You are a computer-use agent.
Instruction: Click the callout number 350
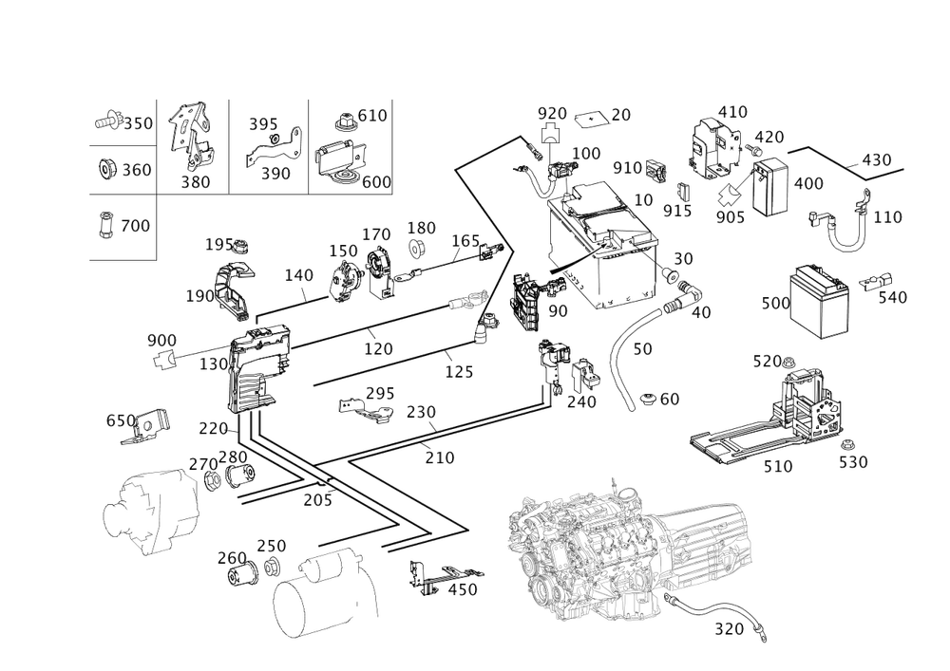(138, 123)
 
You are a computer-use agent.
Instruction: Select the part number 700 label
(135, 226)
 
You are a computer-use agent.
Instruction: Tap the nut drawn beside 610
(345, 122)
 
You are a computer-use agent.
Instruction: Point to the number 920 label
(552, 113)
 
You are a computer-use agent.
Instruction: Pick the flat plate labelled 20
(590, 119)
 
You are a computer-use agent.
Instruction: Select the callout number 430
(876, 159)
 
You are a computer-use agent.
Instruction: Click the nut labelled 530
(846, 445)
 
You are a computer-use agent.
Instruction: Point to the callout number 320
(729, 629)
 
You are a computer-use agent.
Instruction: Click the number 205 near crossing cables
(317, 500)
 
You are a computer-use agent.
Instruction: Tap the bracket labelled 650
(146, 426)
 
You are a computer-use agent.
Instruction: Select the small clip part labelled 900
(163, 360)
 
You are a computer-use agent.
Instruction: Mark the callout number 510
(777, 467)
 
